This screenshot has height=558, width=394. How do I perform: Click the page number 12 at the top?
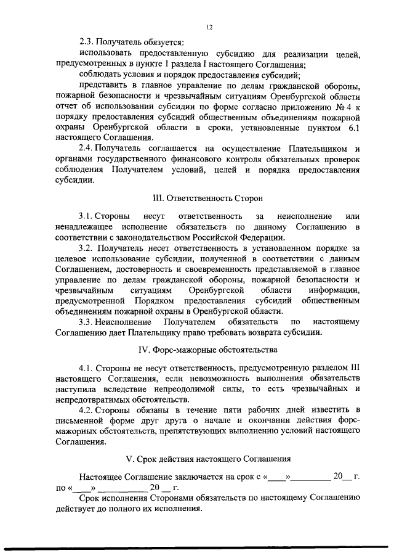210,27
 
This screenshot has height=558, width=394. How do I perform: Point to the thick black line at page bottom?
197,548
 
